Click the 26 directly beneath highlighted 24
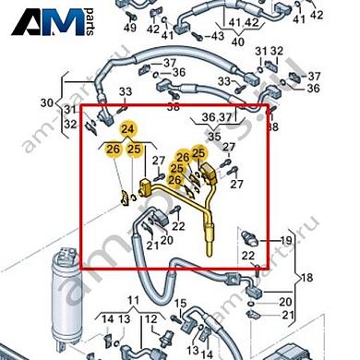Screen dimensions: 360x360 click(x=113, y=150)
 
